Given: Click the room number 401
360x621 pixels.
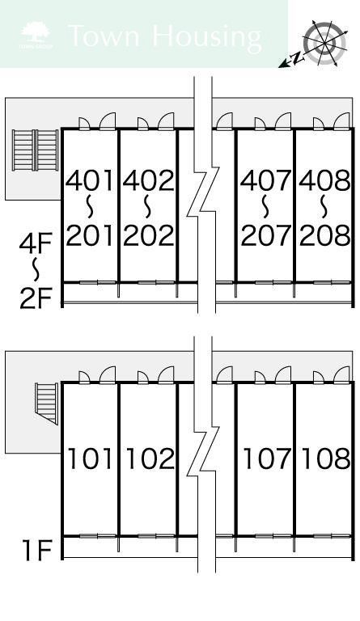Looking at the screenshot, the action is (90, 180).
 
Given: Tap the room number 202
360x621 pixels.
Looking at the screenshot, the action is (149, 234).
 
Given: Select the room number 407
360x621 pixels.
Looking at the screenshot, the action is (265, 180).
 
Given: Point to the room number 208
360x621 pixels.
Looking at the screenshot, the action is (324, 234).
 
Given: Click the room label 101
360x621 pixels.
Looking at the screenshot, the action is (91, 458).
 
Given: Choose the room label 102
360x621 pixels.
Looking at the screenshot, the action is (150, 458).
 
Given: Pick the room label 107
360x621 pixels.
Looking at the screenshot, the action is (267, 458).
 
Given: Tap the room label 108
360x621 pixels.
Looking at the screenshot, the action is (326, 458).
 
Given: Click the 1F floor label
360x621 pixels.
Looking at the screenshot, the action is (37, 550).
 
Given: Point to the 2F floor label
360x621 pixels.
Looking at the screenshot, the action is (36, 298).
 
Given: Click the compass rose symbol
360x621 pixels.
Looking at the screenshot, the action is (324, 43).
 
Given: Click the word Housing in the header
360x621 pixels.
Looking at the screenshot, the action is (207, 37).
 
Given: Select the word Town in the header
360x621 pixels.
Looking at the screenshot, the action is (104, 36).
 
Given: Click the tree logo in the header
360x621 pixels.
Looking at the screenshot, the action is (36, 35).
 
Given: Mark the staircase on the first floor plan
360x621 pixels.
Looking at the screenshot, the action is (47, 403).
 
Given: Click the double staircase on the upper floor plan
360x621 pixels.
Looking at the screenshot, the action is (36, 150).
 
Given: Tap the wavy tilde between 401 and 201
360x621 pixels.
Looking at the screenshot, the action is (90, 207).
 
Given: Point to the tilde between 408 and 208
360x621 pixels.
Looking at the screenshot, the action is (324, 207).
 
